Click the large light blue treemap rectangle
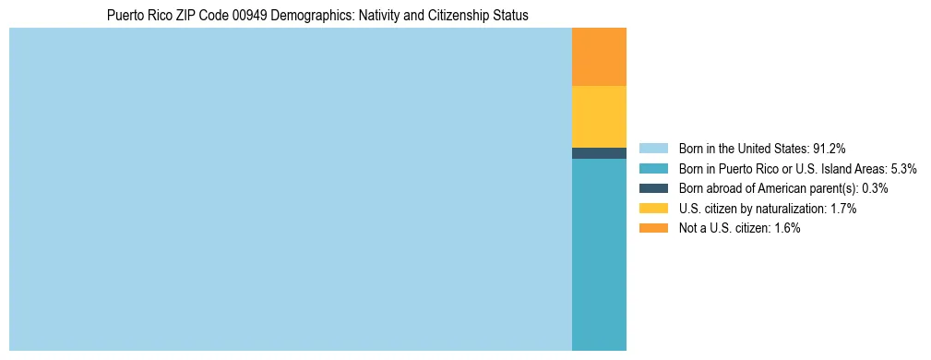(x=291, y=189)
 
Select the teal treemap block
(x=599, y=255)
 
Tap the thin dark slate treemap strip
(x=599, y=153)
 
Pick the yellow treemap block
(x=599, y=116)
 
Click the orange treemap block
(x=599, y=57)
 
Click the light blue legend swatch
(x=652, y=149)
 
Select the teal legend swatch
(x=652, y=169)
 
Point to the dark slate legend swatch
(x=652, y=188)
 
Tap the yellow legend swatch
(x=652, y=209)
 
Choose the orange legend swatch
(x=652, y=228)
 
